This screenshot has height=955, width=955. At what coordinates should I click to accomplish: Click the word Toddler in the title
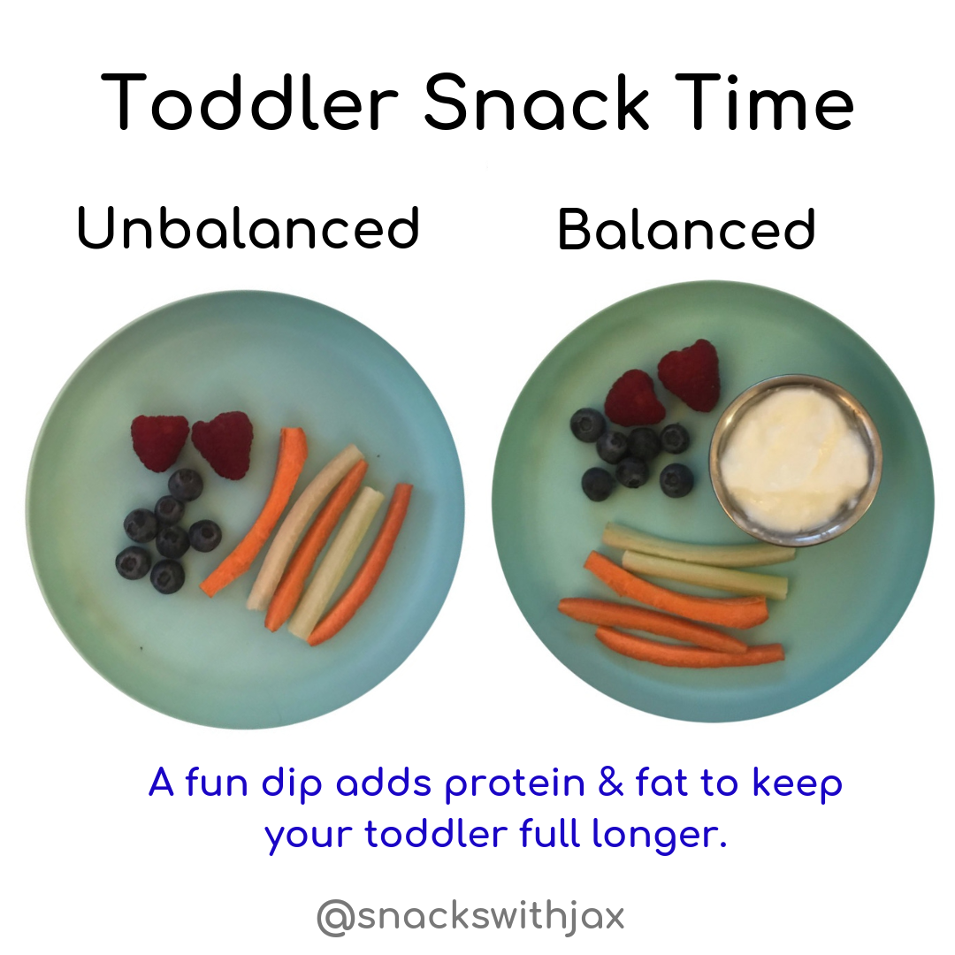(x=249, y=102)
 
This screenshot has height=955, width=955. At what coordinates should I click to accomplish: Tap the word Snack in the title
(x=537, y=102)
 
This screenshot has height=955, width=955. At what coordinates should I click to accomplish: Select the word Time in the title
(x=764, y=102)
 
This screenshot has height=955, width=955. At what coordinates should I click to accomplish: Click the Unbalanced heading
(x=248, y=228)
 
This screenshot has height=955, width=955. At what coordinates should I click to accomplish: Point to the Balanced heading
(x=686, y=229)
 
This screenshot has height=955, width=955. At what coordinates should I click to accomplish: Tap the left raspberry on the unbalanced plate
(x=159, y=443)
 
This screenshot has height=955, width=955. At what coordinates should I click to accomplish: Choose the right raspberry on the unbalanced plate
(x=223, y=445)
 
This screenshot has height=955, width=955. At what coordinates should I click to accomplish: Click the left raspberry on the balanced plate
(x=633, y=398)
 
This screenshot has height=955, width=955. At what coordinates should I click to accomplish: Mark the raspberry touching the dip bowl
(x=690, y=375)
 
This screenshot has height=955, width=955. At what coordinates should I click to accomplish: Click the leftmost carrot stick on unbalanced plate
(x=255, y=512)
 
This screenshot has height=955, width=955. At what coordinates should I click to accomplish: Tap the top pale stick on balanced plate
(x=699, y=545)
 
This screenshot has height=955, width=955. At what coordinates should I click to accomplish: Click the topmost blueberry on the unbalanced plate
(x=186, y=485)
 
